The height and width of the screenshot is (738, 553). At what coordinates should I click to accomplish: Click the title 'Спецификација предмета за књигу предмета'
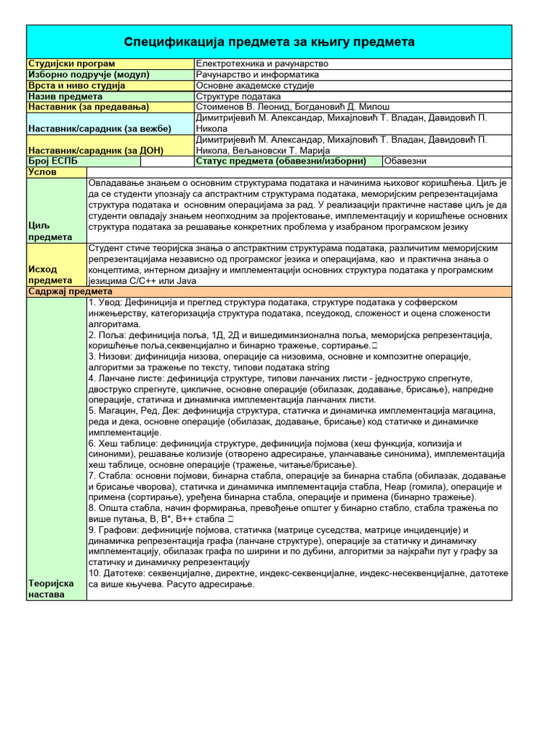pos(269,42)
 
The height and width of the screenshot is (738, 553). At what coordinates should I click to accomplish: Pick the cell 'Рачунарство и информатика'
pos(257,74)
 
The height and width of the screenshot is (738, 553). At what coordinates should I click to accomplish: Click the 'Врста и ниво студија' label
pos(76,85)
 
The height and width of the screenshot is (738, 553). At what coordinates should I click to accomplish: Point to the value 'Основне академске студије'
pos(255,85)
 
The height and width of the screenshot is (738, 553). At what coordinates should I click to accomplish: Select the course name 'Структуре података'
pos(238,96)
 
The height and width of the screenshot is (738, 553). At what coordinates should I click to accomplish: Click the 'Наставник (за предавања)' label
pos(88,107)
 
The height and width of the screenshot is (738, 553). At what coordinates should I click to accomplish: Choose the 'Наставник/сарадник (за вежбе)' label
pos(99,128)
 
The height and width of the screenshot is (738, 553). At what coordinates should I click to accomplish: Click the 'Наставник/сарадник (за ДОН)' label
pos(95,150)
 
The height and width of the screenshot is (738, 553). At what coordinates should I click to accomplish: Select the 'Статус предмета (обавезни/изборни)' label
pos(281,161)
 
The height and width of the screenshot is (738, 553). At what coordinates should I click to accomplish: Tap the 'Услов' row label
pos(42,172)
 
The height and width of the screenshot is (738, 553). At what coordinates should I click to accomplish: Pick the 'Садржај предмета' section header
pos(69,291)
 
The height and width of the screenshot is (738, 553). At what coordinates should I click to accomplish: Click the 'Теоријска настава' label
pos(51,588)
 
